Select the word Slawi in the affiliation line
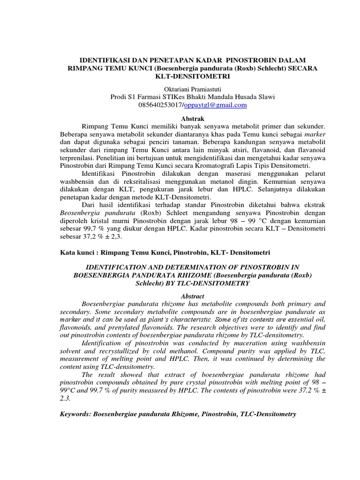click(x=264, y=97)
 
